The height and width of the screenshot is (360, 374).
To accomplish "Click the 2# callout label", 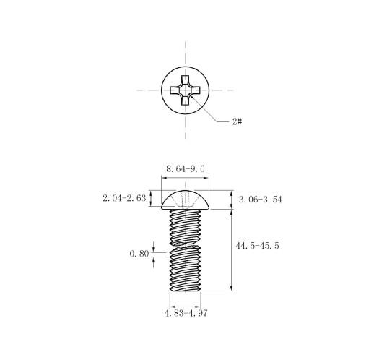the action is click(237, 121).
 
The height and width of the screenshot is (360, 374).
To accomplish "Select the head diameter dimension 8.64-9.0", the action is click(186, 168).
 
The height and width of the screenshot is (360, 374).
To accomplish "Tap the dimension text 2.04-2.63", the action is click(124, 198).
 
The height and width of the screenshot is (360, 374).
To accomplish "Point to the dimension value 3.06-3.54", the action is click(260, 200).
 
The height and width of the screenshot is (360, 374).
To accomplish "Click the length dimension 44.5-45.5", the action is click(257, 246).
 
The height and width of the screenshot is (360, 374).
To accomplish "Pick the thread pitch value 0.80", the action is click(139, 254).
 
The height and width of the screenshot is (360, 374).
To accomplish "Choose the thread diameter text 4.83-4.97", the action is click(186, 313).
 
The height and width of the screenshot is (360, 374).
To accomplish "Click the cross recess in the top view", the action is click(186, 90).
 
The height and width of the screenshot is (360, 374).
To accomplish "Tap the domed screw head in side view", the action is click(186, 200).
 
